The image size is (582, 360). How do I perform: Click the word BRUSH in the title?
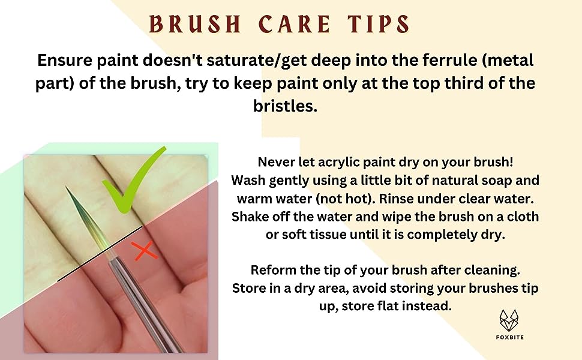[195, 24]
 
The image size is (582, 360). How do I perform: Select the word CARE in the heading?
[295, 24]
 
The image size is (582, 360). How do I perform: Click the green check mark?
[134, 181]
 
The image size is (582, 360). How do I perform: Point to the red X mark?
[145, 251]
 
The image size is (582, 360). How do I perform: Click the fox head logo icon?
[509, 320]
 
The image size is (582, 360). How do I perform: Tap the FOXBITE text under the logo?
[509, 337]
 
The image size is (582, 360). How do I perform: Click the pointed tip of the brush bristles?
[67, 187]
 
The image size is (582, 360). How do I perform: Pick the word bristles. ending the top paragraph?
[285, 106]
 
